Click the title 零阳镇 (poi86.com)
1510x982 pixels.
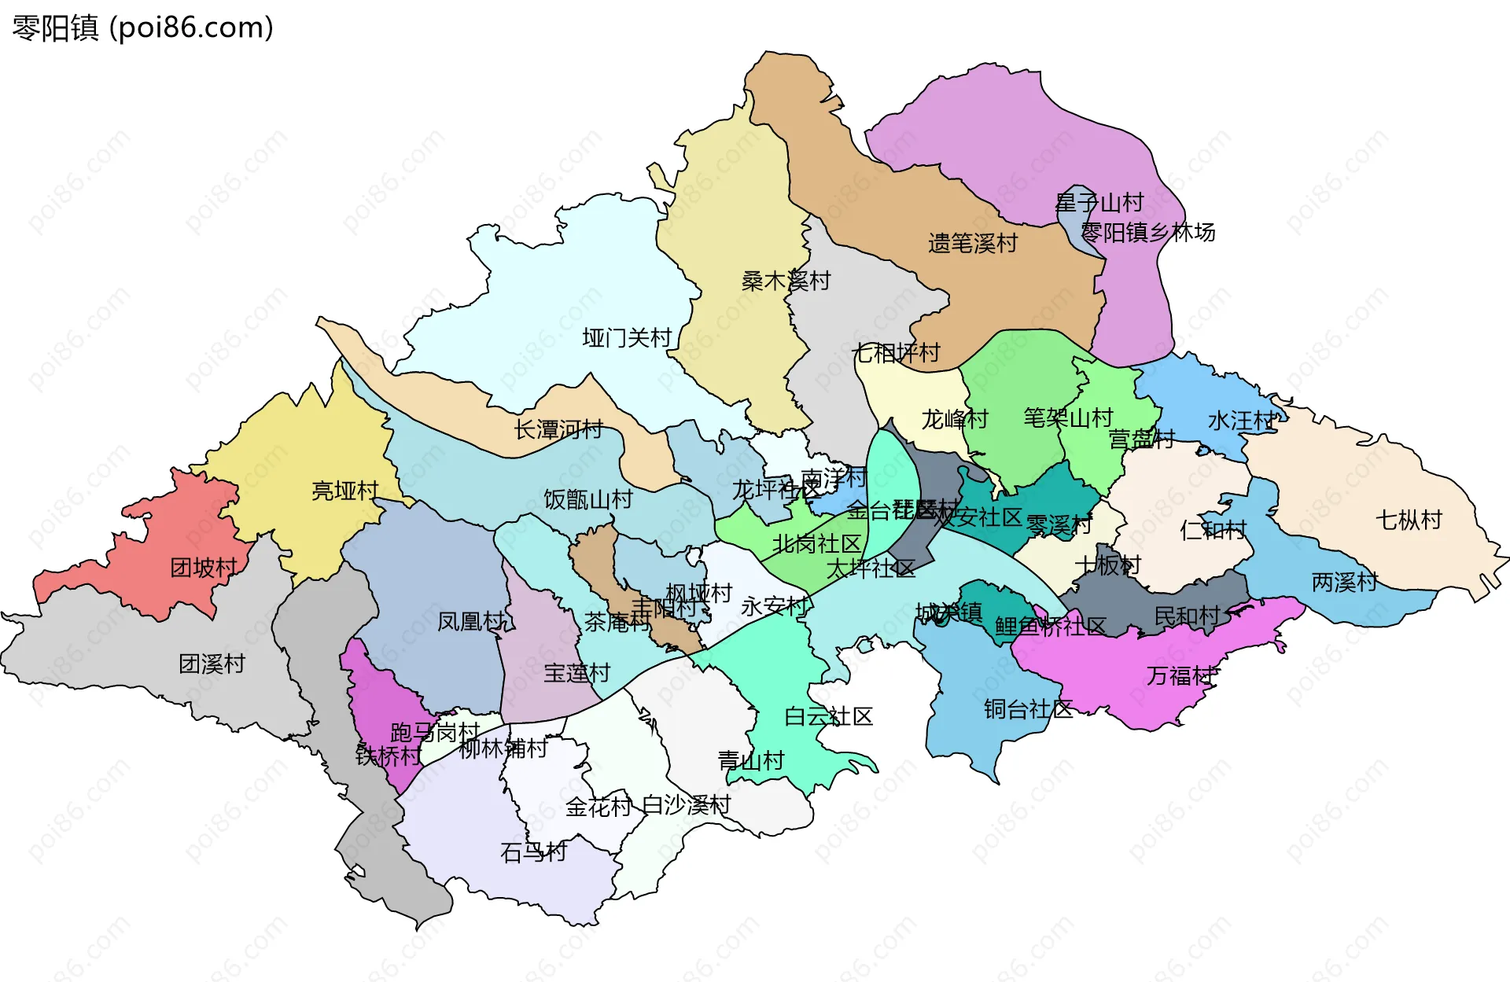[x=142, y=28]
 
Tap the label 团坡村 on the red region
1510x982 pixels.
[x=204, y=568]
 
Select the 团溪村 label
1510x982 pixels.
[x=212, y=664]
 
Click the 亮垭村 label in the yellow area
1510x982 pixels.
[x=344, y=491]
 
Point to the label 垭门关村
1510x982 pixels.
[x=627, y=338]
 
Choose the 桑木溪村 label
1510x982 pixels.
[x=786, y=281]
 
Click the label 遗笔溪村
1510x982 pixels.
[x=973, y=243]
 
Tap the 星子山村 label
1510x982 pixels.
[x=1099, y=203]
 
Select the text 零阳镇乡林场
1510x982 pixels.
[x=1147, y=232]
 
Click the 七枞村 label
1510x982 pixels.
[x=1409, y=520]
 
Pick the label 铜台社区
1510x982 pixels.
[x=1028, y=709]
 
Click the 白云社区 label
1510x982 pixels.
[x=829, y=716]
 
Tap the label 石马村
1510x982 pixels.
[x=533, y=852]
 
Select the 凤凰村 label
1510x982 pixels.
[x=470, y=621]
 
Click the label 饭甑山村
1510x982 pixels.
[x=588, y=499]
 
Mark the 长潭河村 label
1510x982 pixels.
[x=558, y=429]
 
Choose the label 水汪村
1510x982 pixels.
[x=1240, y=421]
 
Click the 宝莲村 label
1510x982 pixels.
[x=576, y=673]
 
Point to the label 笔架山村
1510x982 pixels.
[x=1068, y=417]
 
